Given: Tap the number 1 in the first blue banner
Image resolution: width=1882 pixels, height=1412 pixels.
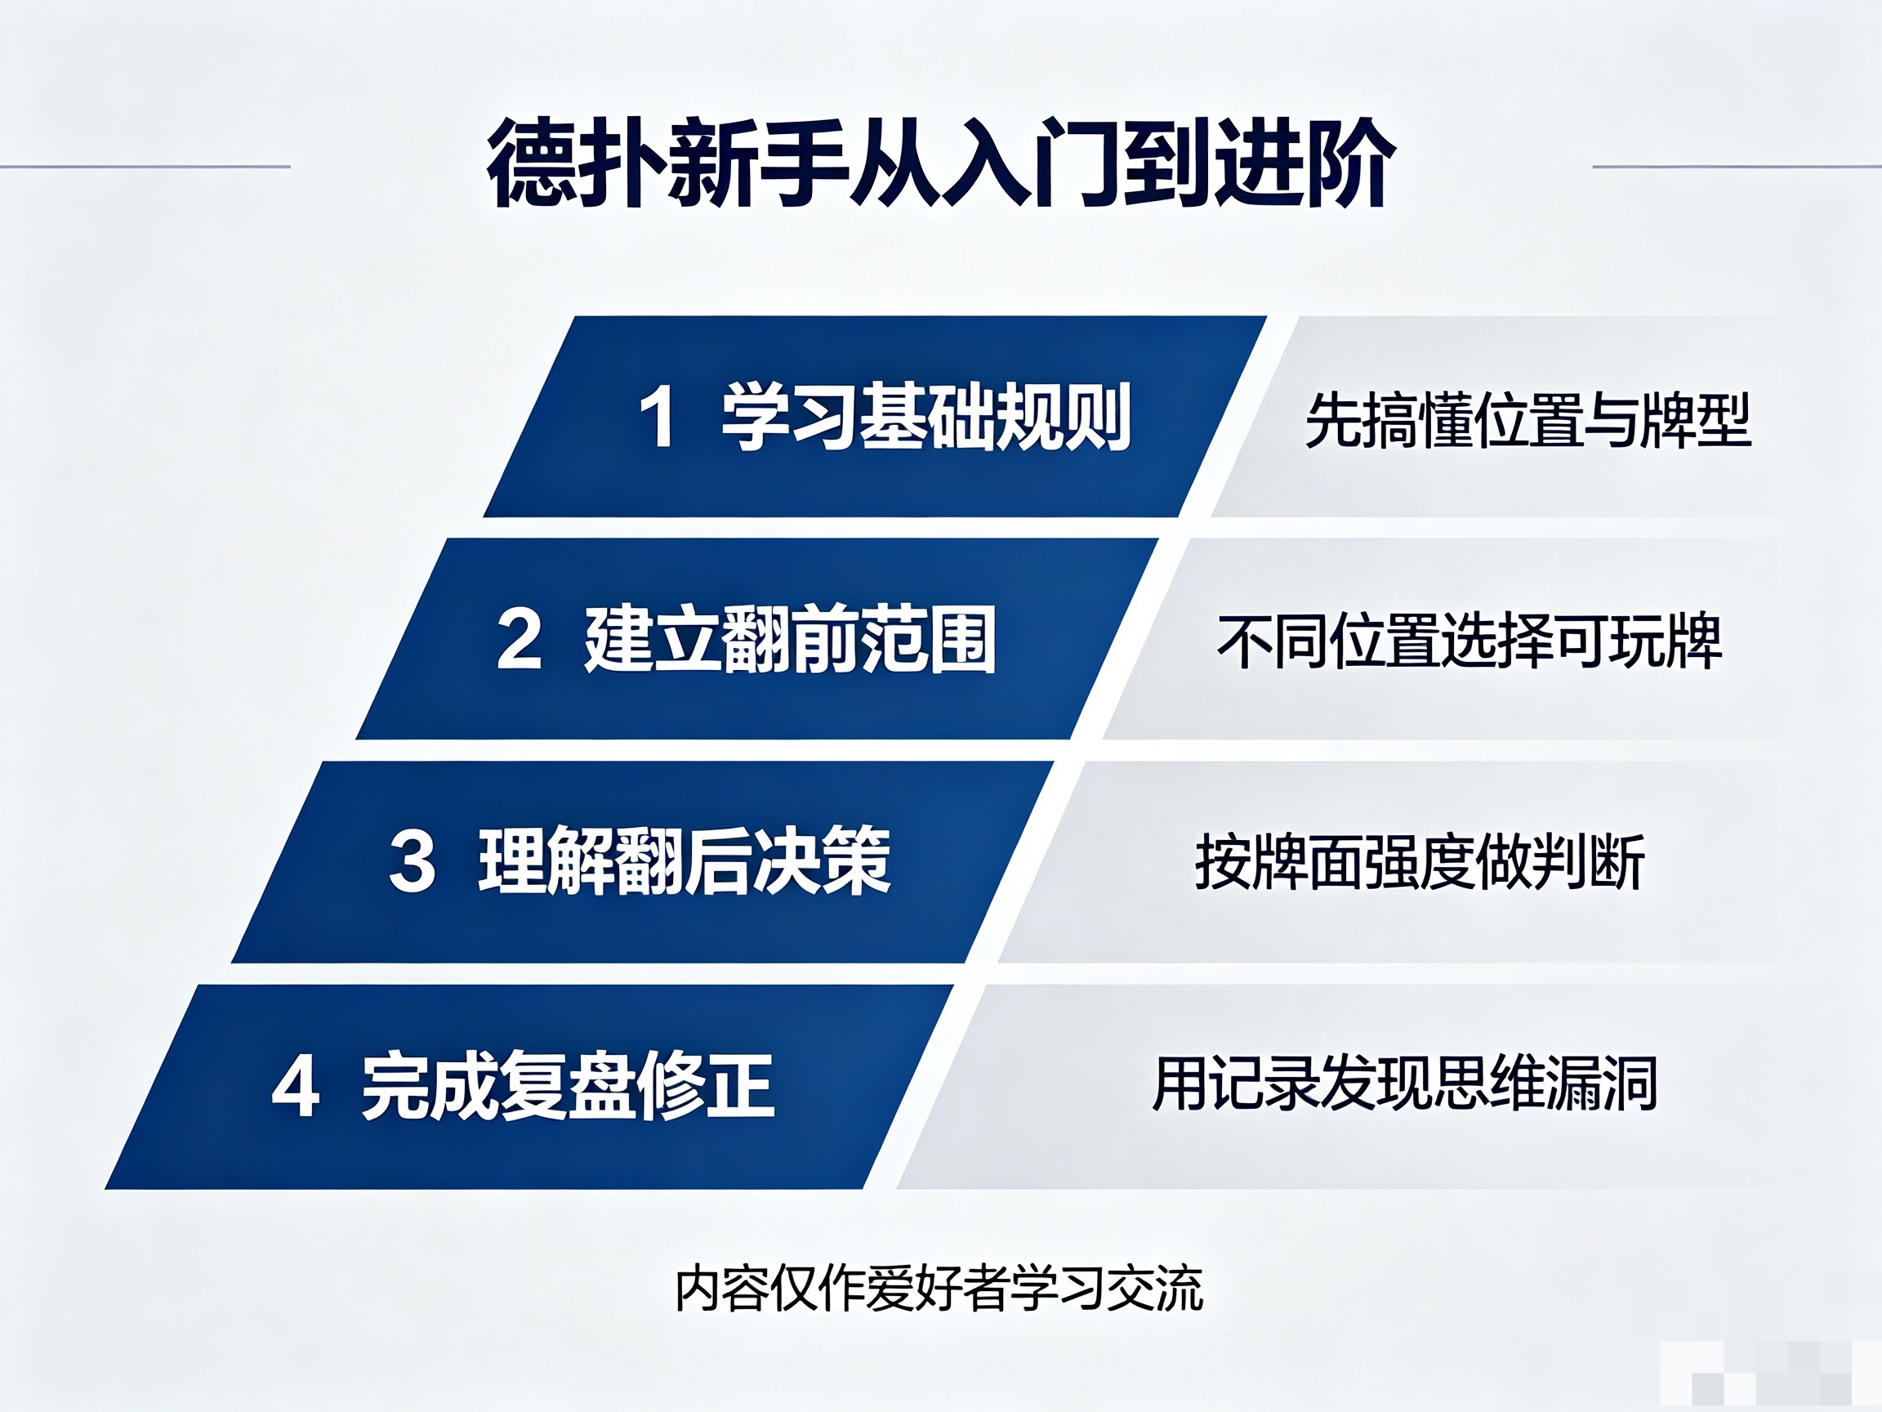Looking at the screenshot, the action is pyautogui.click(x=658, y=416).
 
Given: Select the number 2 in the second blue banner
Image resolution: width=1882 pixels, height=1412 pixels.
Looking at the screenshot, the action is pyautogui.click(x=519, y=638).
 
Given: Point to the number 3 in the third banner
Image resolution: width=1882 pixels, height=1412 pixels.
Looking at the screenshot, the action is pyautogui.click(x=413, y=861).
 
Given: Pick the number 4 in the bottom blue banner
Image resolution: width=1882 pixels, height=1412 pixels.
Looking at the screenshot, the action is pyautogui.click(x=295, y=1085).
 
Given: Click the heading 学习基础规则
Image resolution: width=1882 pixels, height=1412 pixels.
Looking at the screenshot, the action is pyautogui.click(x=926, y=416).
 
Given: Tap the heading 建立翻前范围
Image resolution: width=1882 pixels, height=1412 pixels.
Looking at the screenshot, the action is pyautogui.click(x=790, y=639).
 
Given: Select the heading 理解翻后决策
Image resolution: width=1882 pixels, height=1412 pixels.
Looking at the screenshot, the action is pyautogui.click(x=684, y=861).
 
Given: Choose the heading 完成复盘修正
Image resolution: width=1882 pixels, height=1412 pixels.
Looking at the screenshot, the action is pyautogui.click(x=568, y=1085).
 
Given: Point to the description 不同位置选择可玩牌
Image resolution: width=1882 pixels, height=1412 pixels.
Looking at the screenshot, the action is pyautogui.click(x=1470, y=641).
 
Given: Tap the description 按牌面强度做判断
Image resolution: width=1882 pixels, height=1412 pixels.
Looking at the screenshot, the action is pyautogui.click(x=1419, y=862).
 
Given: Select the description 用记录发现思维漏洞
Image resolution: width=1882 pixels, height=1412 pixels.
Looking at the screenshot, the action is pyautogui.click(x=1405, y=1084).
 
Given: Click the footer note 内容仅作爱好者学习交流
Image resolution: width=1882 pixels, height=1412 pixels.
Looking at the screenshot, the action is pyautogui.click(x=939, y=1289).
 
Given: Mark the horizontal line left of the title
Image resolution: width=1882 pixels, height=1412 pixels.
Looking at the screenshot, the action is pyautogui.click(x=145, y=167).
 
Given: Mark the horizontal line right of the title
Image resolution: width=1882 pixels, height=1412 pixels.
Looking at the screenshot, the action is pyautogui.click(x=1737, y=167).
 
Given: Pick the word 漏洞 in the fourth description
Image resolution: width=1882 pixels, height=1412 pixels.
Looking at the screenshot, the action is pyautogui.click(x=1601, y=1084).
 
